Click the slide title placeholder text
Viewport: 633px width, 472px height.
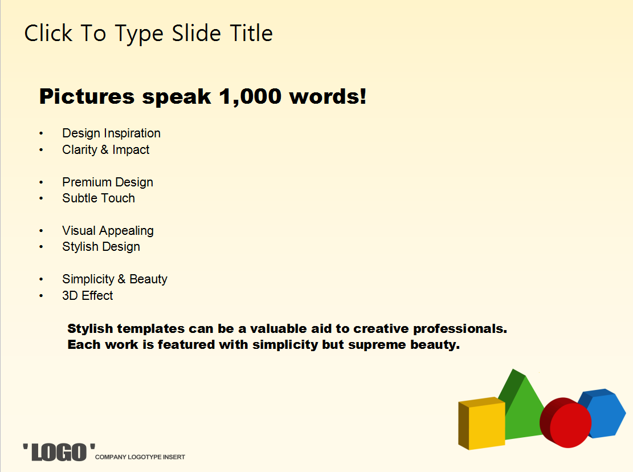coord(149,34)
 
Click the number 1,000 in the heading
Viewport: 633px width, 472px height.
coord(250,97)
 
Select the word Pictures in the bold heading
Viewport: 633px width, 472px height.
coord(87,96)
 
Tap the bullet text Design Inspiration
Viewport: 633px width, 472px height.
coord(112,133)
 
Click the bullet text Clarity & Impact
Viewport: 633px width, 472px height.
coord(106,150)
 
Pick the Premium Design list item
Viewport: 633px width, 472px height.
coord(108,182)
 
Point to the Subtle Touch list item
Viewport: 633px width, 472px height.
coord(99,198)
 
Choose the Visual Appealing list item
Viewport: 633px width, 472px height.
coord(108,231)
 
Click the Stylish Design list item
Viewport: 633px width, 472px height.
coord(101,247)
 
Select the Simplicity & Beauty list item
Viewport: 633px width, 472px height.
coord(115,279)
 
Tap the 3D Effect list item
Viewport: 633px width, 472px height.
coord(88,295)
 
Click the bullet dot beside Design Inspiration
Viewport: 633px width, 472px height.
coord(41,133)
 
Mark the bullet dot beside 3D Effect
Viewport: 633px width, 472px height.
coord(41,296)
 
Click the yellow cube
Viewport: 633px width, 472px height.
coord(481,424)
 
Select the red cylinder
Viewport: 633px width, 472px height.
coord(566,423)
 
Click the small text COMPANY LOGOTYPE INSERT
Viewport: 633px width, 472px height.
coord(140,457)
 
